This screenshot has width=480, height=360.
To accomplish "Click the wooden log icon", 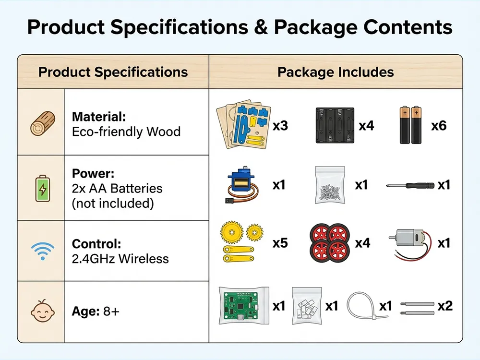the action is (x=43, y=123).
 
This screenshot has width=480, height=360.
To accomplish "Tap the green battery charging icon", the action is (x=43, y=188).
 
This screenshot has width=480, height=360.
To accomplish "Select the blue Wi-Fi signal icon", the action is (x=43, y=251).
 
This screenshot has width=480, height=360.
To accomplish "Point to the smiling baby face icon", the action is (x=43, y=311).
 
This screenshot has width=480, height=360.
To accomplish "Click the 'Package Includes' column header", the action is (x=336, y=72).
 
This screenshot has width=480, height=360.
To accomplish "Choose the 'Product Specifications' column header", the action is (x=113, y=72).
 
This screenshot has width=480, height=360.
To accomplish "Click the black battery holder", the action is (x=335, y=125).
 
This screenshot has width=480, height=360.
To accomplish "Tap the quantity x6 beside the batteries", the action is (x=439, y=125).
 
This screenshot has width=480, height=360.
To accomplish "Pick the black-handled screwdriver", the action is (x=410, y=185).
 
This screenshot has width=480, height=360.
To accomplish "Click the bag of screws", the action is (x=330, y=185).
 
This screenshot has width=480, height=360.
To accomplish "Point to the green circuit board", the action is (x=244, y=305).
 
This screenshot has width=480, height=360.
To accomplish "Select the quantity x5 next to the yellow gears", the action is (x=280, y=243).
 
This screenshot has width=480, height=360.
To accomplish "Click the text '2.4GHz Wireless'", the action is (x=120, y=259).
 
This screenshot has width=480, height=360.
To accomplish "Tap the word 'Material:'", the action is (x=99, y=117).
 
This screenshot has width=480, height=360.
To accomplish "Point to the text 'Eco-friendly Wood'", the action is (x=126, y=132).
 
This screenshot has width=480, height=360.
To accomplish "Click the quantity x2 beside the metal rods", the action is (x=445, y=306).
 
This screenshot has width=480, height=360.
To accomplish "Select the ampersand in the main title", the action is (x=261, y=27).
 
